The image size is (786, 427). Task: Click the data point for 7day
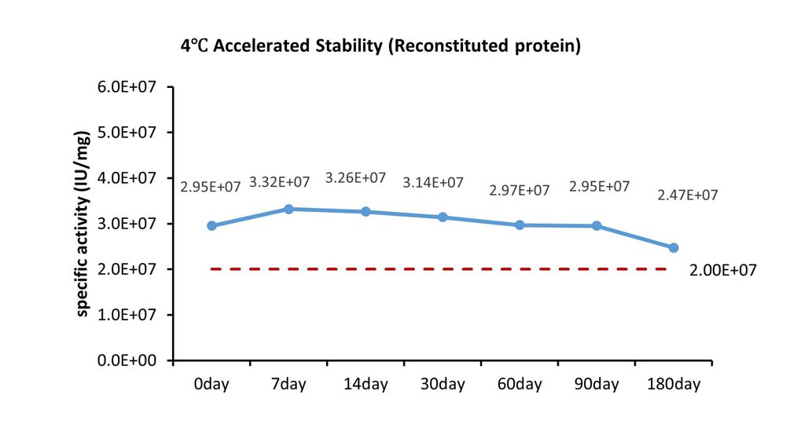(288, 209)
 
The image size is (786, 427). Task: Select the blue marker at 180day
(674, 248)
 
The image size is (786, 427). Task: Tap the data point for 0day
(211, 226)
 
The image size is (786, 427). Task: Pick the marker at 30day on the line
(443, 217)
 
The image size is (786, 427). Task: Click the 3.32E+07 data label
(279, 182)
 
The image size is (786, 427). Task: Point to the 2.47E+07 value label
(688, 195)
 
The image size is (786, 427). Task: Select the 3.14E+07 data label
(433, 183)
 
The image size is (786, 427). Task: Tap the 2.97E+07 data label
(520, 190)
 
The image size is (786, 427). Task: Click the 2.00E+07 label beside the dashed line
(723, 270)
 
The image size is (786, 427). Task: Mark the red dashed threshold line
(439, 269)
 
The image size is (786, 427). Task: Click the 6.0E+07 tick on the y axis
(127, 86)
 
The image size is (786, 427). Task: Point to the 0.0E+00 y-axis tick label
(127, 360)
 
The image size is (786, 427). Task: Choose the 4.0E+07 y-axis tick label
(127, 177)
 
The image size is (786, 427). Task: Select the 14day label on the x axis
(365, 384)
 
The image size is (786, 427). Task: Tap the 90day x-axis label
(597, 384)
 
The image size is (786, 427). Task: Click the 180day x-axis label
(674, 384)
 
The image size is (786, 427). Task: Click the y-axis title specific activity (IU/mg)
(83, 224)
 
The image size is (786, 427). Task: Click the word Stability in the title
(349, 46)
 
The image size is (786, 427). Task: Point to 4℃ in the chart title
(194, 46)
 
